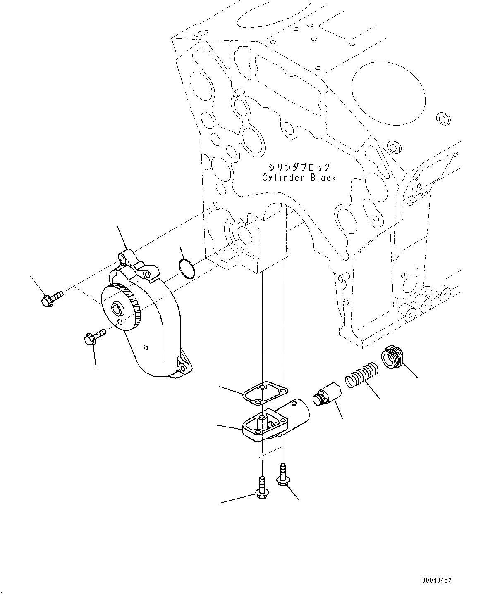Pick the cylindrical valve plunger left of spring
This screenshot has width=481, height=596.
pos(327,397)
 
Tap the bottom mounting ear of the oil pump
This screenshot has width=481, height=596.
pos(183,364)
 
